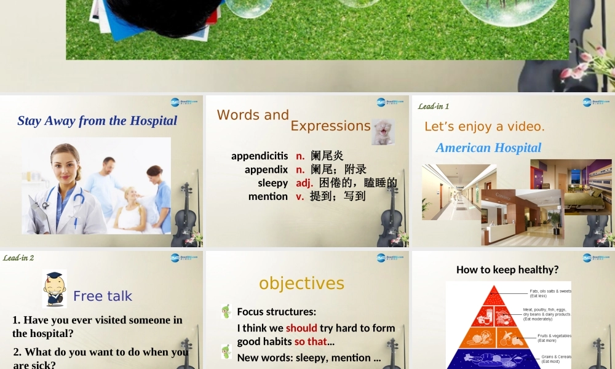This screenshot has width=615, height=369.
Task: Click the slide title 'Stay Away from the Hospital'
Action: click(97, 121)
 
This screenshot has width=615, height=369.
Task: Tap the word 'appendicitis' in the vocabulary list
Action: click(259, 156)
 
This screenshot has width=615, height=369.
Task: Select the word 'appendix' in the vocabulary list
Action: click(266, 169)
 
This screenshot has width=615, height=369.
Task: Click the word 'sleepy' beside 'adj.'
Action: click(272, 183)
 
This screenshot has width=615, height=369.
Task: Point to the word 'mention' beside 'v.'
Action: click(268, 196)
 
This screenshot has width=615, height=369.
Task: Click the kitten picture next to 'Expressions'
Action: click(383, 132)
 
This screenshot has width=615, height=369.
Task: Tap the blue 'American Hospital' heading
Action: click(488, 148)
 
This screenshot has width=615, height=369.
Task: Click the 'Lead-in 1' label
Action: click(434, 106)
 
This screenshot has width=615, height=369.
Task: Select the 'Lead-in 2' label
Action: click(18, 258)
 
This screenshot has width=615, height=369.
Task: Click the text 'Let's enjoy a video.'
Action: click(485, 127)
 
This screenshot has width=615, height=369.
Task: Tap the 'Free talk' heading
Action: click(103, 296)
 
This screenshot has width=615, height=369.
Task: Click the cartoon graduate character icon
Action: click(54, 289)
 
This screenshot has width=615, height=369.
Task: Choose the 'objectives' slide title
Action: click(301, 283)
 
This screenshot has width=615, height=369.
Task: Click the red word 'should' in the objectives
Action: click(301, 328)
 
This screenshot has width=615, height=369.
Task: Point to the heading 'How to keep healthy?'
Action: click(507, 269)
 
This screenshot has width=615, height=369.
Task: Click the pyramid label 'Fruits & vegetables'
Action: click(554, 336)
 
